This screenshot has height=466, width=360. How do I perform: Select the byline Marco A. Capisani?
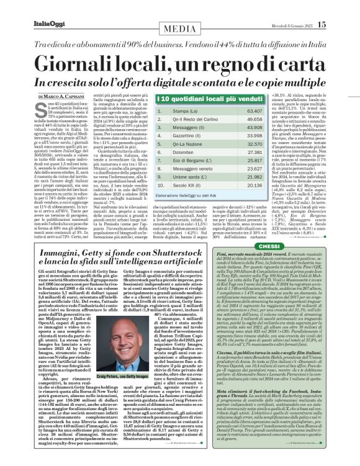click(63, 96)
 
